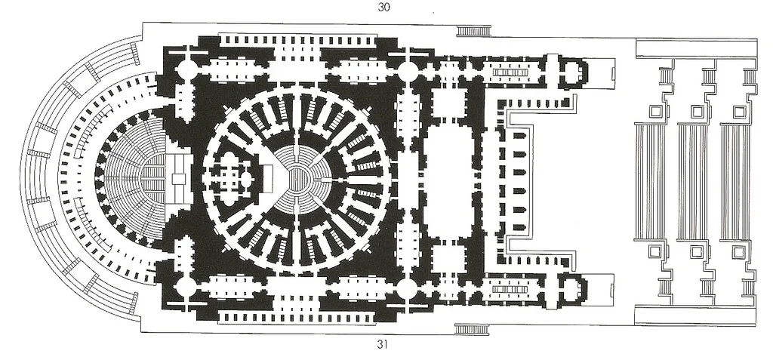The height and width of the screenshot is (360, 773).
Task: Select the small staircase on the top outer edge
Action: (x=474, y=32)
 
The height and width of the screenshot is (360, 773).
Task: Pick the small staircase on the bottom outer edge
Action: (x=474, y=328)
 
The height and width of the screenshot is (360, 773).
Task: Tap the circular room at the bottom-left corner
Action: (x=186, y=287)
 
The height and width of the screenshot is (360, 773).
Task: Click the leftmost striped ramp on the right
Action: (x=650, y=181)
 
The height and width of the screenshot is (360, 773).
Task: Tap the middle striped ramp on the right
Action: (x=692, y=181)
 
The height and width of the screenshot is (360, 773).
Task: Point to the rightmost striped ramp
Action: (x=735, y=181)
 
